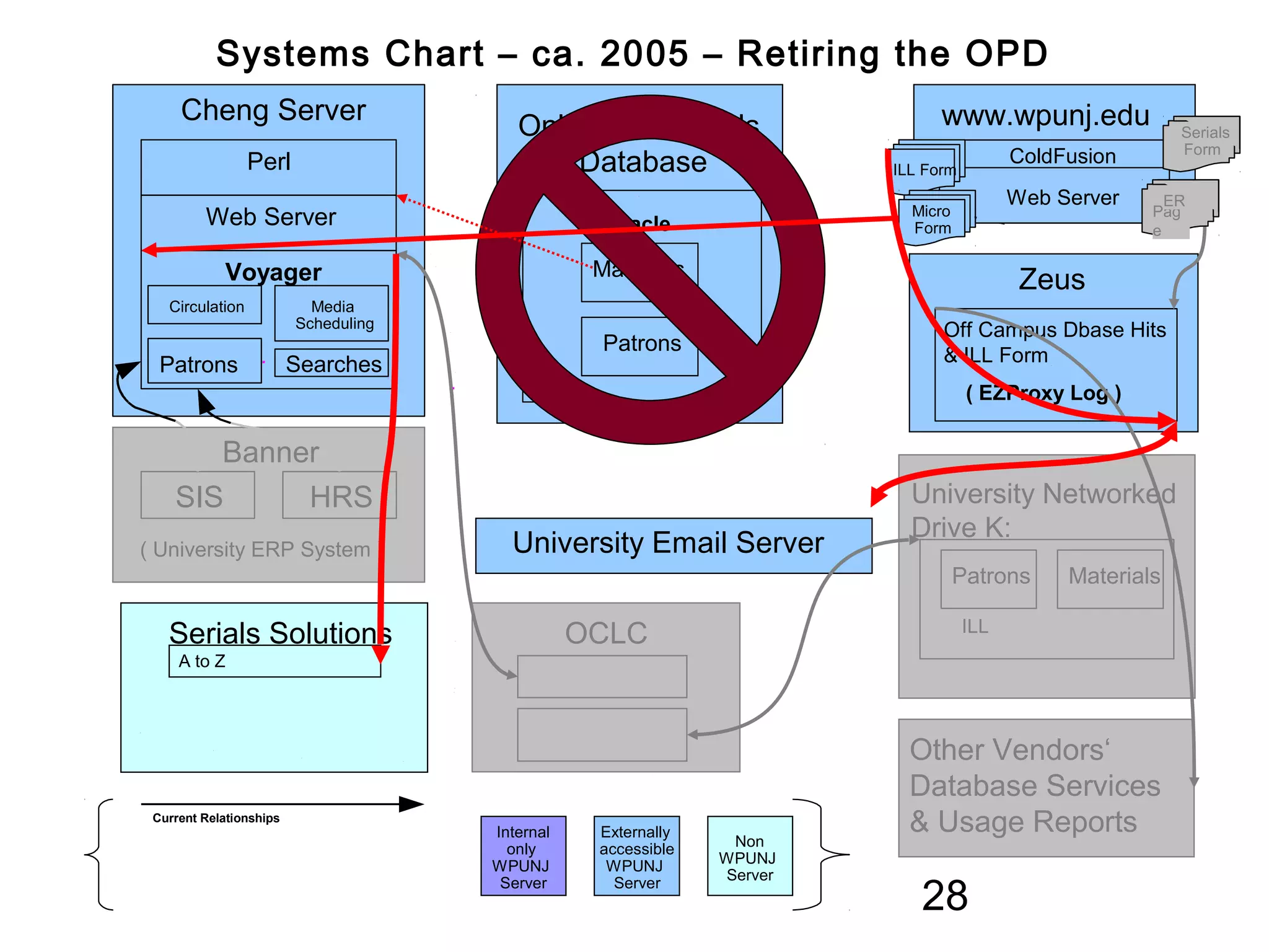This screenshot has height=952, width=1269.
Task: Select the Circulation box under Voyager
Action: click(x=205, y=306)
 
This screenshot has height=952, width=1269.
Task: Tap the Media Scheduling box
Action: click(x=332, y=314)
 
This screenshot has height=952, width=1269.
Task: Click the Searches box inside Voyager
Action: click(x=332, y=364)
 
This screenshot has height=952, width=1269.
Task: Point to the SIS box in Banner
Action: click(x=198, y=496)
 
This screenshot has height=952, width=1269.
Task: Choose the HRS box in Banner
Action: click(x=339, y=496)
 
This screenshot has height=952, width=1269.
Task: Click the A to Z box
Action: click(x=274, y=661)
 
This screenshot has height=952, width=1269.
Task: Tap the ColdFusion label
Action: click(x=1062, y=156)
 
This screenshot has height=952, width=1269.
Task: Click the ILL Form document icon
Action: click(x=924, y=169)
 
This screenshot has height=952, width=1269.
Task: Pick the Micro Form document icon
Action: click(x=932, y=219)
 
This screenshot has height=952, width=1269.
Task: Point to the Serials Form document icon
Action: click(x=1202, y=141)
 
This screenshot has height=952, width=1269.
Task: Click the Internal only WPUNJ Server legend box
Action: click(x=523, y=856)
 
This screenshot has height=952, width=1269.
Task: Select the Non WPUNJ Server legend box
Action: click(x=749, y=857)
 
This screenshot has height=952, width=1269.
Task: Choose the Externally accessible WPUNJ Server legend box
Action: click(x=636, y=856)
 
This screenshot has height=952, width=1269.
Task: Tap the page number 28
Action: click(x=944, y=896)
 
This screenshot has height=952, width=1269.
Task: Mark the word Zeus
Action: click(x=1052, y=280)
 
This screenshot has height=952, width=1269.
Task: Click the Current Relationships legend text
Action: click(x=216, y=818)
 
